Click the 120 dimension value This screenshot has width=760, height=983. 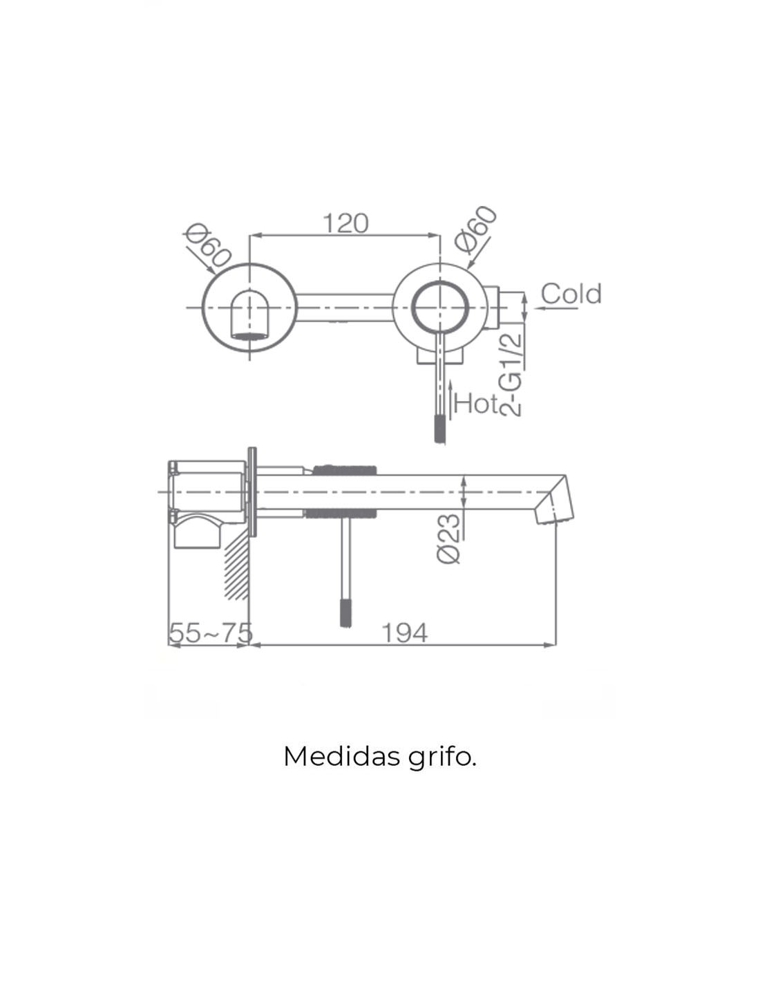click(x=346, y=223)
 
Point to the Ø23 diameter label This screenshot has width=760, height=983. click(x=449, y=538)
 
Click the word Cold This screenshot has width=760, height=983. click(x=571, y=294)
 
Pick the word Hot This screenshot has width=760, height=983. click(x=476, y=403)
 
